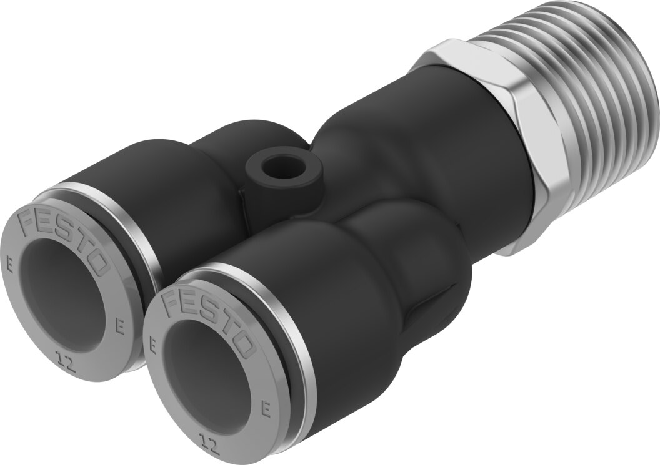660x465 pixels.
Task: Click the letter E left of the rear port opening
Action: [9, 268]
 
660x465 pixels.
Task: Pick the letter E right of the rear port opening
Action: [121, 327]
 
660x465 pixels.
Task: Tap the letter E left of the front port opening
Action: [152, 346]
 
